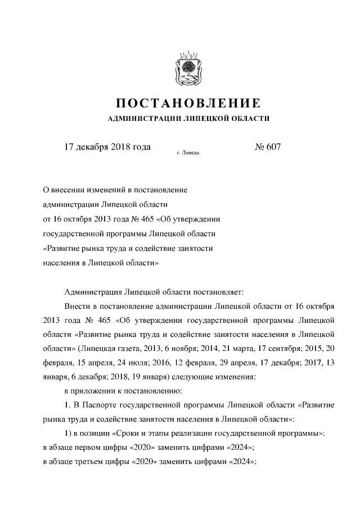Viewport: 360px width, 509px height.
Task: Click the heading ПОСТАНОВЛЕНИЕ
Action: tap(188, 103)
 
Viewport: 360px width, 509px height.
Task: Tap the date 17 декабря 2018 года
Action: tap(107, 147)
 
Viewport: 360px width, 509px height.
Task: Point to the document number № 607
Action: tap(268, 147)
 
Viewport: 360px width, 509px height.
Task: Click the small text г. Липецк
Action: tap(188, 152)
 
